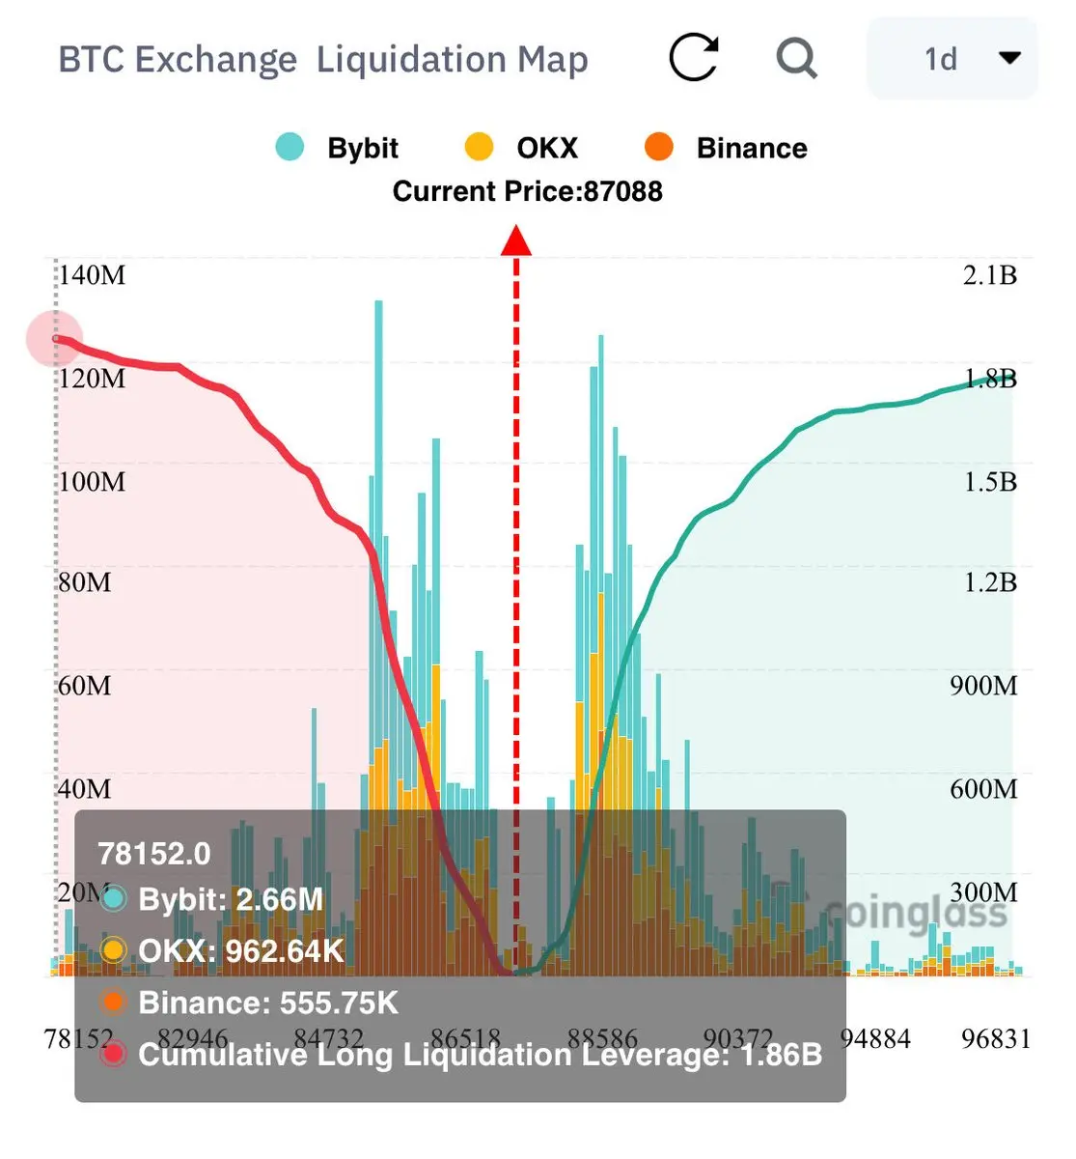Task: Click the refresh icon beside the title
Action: coord(693,58)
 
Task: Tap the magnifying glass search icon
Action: coord(796,58)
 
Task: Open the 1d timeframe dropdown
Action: coord(952,59)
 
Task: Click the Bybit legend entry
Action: coord(338,148)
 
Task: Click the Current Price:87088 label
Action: coord(527,191)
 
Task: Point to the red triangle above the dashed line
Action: coord(516,241)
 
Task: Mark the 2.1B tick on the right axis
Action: coord(990,275)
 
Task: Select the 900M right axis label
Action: coord(983,686)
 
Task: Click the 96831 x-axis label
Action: coord(996,1039)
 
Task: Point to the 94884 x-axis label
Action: coord(875,1039)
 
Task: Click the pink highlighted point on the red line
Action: coord(55,339)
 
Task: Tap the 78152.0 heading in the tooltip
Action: coord(154,854)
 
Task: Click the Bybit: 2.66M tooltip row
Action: coord(230,899)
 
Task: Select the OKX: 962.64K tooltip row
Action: coord(240,951)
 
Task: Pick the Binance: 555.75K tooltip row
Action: coord(267,1003)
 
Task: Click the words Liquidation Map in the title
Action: coord(452,59)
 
